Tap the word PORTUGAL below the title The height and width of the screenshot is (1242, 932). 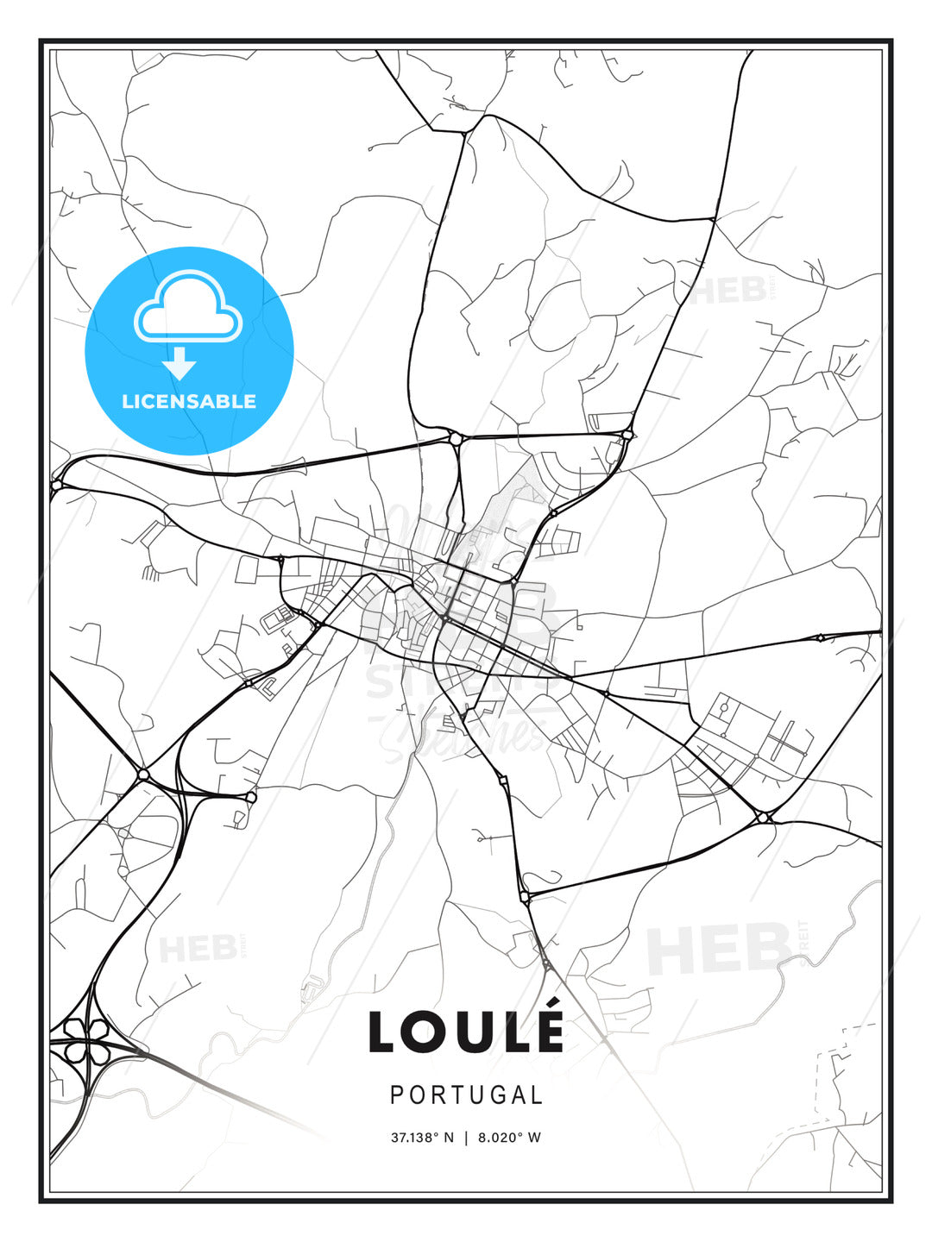(x=466, y=1095)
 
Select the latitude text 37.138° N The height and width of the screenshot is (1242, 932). (x=422, y=1138)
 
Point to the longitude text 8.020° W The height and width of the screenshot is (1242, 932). (x=510, y=1138)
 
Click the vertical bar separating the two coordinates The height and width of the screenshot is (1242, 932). (x=466, y=1138)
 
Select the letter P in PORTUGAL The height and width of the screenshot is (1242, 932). (x=397, y=1095)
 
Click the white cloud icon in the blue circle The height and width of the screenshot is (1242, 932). (x=187, y=307)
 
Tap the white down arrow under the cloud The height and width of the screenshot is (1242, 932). (x=179, y=363)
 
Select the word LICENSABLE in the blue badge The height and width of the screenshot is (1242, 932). (x=189, y=401)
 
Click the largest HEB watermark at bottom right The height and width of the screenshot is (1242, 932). (x=719, y=948)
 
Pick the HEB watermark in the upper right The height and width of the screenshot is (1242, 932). (x=727, y=291)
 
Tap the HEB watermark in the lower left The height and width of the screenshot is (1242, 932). (x=198, y=949)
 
